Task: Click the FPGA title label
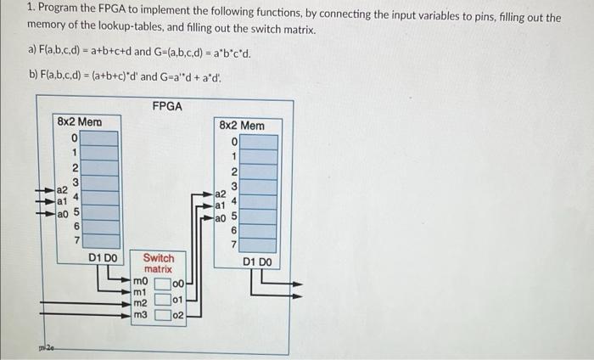click(167, 106)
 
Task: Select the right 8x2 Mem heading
click(241, 126)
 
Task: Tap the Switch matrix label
click(158, 262)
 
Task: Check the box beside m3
click(162, 315)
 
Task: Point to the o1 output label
click(177, 299)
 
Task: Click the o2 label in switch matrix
click(177, 315)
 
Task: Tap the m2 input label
click(140, 303)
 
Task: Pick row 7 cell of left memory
click(99, 241)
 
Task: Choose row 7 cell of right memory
click(259, 245)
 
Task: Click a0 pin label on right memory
click(220, 219)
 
